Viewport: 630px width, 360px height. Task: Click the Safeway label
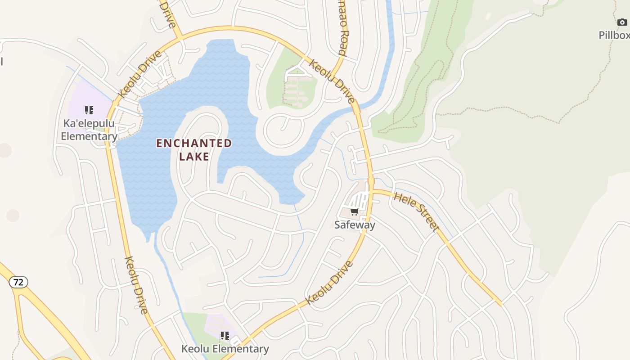[355, 225]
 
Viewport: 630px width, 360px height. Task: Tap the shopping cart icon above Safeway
[354, 212]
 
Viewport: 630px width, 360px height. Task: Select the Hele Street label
[416, 211]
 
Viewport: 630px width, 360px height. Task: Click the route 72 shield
[18, 282]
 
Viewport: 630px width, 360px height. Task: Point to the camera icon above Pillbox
[622, 22]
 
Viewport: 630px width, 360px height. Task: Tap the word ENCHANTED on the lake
[194, 144]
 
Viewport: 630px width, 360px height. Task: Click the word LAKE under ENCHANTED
[194, 157]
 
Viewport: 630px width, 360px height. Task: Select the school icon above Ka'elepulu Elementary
[89, 110]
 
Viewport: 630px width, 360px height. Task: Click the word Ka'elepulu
[89, 124]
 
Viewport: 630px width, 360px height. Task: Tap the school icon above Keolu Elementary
[225, 336]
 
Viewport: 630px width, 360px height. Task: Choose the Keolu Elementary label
[225, 349]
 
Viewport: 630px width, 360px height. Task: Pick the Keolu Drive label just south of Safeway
[329, 283]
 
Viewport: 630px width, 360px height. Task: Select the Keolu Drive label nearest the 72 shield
[136, 285]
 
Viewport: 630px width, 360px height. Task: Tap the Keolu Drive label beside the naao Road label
[332, 81]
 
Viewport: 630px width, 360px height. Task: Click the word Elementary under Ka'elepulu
[89, 136]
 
